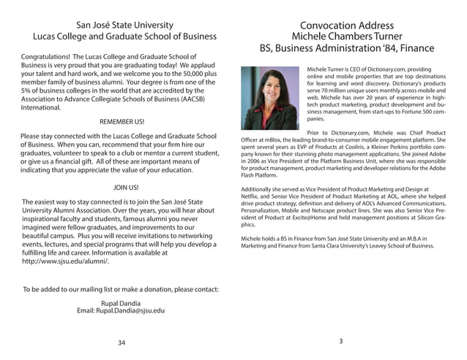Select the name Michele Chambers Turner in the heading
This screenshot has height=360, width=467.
[x=347, y=37]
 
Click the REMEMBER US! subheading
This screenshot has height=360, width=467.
[x=122, y=121]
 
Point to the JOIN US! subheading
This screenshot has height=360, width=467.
[x=122, y=187]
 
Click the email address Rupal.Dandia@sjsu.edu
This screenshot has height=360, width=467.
[x=121, y=310]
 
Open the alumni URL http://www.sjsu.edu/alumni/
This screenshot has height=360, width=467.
[x=65, y=261]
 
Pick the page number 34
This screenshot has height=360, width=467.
[x=122, y=342]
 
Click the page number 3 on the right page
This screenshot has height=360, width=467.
[x=341, y=342]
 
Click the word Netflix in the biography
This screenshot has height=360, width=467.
[x=252, y=197]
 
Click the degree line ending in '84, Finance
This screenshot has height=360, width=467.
[x=347, y=50]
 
